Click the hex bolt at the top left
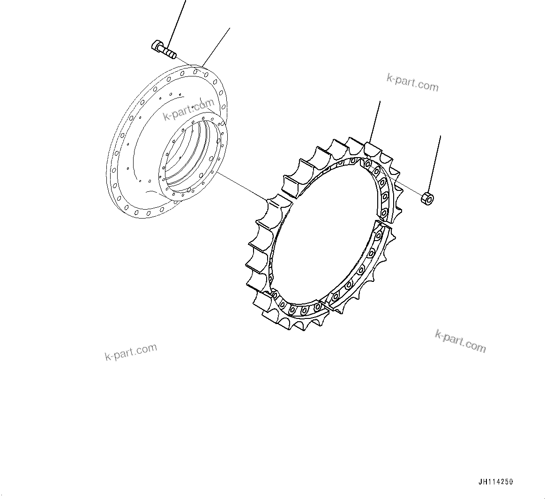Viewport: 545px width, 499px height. tap(164, 50)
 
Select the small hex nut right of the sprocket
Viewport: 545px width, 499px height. tap(427, 198)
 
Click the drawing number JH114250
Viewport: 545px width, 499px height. tap(496, 482)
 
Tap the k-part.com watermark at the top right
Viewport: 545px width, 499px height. tap(412, 83)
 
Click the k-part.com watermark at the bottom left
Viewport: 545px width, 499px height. tap(131, 352)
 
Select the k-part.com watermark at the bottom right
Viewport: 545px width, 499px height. tap(460, 341)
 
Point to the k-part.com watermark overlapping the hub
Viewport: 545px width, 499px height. tap(188, 111)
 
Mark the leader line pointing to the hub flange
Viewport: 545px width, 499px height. tap(217, 46)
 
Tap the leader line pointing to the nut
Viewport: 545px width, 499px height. tap(435, 164)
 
